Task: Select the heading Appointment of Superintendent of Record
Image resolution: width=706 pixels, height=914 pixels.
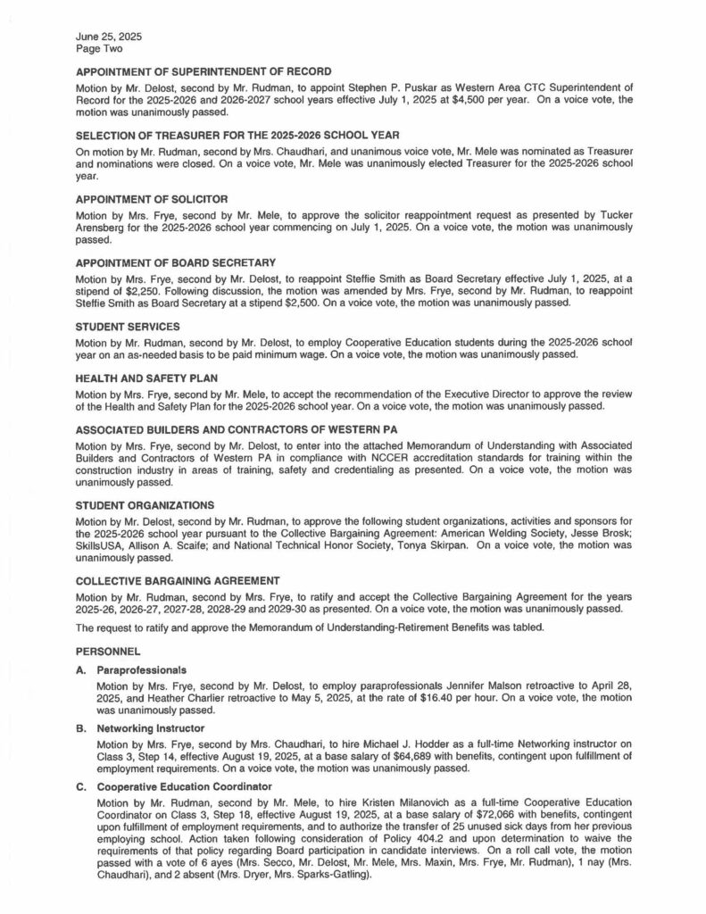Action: (204, 71)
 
